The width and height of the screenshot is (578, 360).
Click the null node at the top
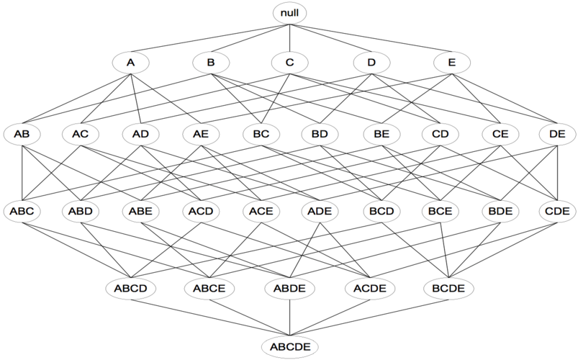coord(289,13)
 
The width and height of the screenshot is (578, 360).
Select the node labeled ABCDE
coord(290,347)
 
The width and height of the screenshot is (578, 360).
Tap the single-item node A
coord(130,63)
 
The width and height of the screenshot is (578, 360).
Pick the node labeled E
coord(452,63)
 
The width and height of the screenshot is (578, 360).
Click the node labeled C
coord(290,63)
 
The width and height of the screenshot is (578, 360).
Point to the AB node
coord(22,134)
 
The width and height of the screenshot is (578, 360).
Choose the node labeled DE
coord(557,134)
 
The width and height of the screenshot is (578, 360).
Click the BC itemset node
coord(261,134)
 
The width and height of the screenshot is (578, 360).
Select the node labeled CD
coord(440,134)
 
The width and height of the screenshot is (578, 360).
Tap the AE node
coord(201,134)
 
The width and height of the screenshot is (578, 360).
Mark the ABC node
coord(22,212)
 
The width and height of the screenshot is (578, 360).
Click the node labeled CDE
coord(557,212)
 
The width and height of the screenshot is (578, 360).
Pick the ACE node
coord(261,212)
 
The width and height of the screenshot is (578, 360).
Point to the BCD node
coord(381,212)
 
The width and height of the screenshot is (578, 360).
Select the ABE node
coord(141,212)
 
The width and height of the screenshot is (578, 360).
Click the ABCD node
coord(130,289)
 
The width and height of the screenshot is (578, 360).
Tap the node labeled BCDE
coord(448,289)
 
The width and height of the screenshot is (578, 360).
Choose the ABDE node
coord(290,289)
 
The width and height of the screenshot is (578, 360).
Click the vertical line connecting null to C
coord(290,38)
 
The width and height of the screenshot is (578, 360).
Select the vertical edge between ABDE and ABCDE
coord(290,318)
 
